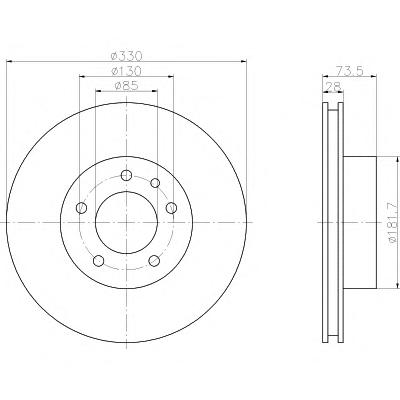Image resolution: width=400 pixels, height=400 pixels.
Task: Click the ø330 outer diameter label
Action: [x=126, y=56]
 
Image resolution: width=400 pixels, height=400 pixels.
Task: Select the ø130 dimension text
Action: [x=126, y=71]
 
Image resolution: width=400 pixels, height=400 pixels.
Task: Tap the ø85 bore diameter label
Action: [x=126, y=86]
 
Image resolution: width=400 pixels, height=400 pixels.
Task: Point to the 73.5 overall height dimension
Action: [x=349, y=71]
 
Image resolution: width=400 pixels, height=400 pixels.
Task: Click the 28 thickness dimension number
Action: [x=333, y=86]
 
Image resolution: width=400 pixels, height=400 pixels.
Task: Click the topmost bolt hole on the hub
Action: [x=126, y=175]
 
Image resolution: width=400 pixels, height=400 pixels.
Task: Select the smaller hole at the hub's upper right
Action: [x=155, y=183]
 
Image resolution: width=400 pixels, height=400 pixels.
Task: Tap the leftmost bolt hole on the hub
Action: [x=81, y=208]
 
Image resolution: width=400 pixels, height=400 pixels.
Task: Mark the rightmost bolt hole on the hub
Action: [x=171, y=208]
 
